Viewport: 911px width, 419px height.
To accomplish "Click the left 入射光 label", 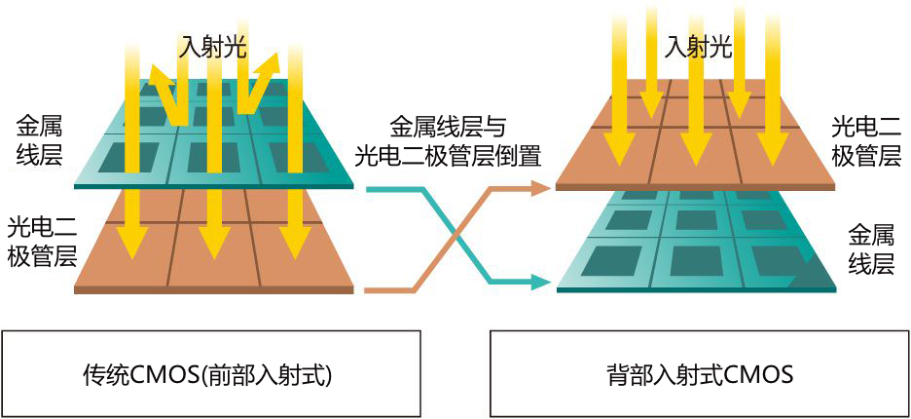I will (x=213, y=46).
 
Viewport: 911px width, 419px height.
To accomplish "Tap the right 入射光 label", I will (x=698, y=46).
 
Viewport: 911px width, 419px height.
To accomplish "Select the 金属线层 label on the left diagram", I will (x=40, y=140).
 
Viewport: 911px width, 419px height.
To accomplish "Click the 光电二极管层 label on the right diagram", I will (x=867, y=140).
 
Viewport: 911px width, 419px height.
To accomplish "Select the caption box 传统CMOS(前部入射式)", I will (x=210, y=374).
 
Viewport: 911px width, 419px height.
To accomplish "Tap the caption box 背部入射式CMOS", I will (x=699, y=374).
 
